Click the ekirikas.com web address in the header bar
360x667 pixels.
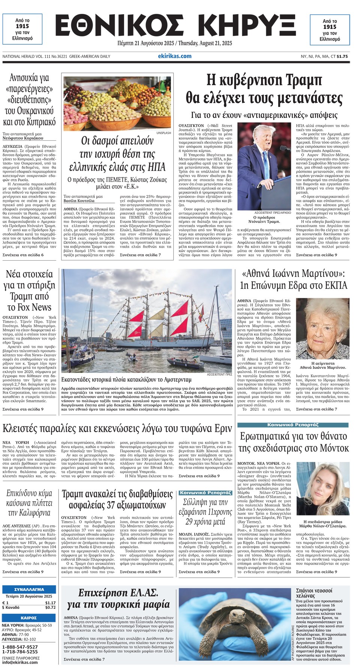174,56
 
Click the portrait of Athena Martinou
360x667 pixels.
322,329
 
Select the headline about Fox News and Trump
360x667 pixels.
29,290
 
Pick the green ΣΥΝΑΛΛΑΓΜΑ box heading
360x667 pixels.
29,589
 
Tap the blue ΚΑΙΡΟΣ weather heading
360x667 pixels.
29,617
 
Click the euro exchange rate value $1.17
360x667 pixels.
50,603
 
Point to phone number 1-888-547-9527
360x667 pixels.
20,647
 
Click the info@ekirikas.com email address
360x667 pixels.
20,662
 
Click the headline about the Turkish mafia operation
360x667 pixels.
118,599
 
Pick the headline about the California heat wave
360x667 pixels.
29,503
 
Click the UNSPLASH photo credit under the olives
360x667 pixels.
163,133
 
